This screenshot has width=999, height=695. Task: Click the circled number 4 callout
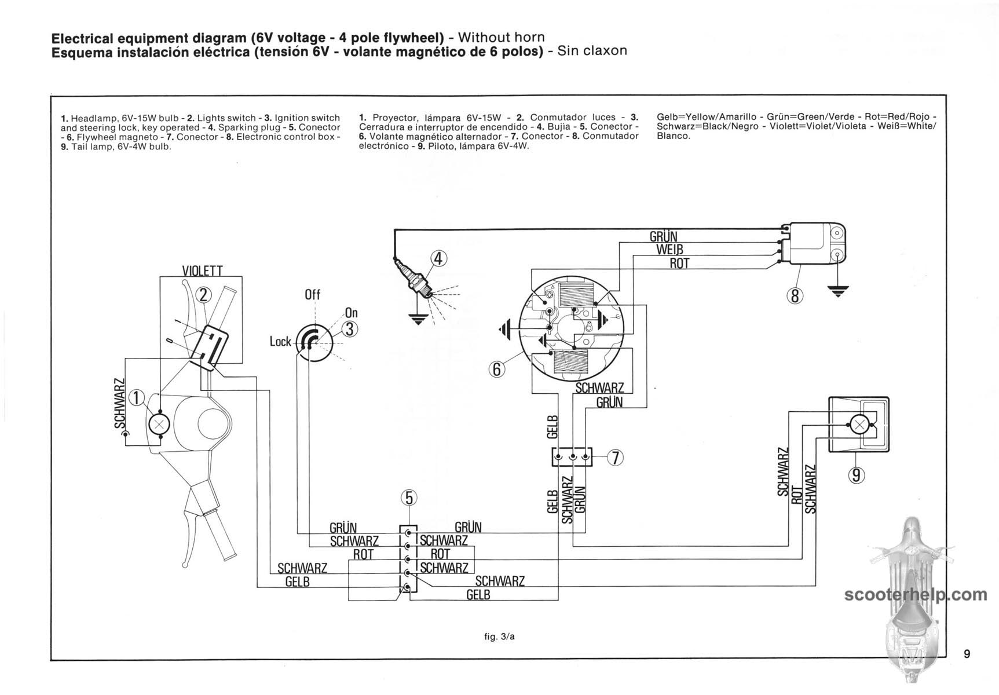(438, 258)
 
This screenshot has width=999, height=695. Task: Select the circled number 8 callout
(795, 296)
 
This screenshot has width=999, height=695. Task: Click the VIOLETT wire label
(202, 271)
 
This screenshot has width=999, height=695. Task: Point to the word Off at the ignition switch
(312, 294)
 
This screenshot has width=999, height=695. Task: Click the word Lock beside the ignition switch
(280, 341)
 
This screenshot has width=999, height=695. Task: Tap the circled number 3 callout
(349, 329)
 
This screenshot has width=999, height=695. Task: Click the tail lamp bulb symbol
(859, 425)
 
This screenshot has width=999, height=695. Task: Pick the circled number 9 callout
(856, 475)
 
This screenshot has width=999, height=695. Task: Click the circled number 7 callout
(615, 458)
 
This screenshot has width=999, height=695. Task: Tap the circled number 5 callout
(409, 498)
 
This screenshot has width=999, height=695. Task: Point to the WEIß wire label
(670, 250)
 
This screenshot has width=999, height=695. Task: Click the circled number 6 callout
(497, 368)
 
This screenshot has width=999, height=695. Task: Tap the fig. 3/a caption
(499, 637)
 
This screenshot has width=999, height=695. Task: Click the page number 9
(967, 654)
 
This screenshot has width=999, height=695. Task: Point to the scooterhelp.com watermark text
(916, 594)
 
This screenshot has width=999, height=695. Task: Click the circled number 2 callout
(203, 295)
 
